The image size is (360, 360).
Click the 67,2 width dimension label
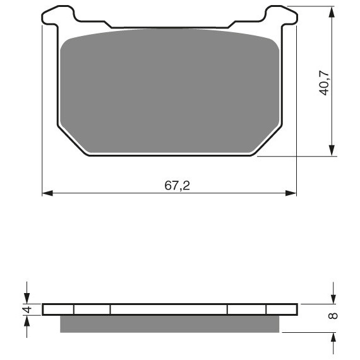(177, 186)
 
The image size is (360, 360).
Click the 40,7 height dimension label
(325, 83)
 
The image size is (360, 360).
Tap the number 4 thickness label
(27, 309)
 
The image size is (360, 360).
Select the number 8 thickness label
(333, 316)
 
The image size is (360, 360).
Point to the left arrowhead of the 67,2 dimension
(47, 193)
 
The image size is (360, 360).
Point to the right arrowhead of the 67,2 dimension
(291, 193)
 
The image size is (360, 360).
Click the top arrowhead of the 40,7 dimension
(332, 12)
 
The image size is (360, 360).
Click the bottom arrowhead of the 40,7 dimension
(332, 150)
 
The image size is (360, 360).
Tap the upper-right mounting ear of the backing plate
(282, 15)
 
